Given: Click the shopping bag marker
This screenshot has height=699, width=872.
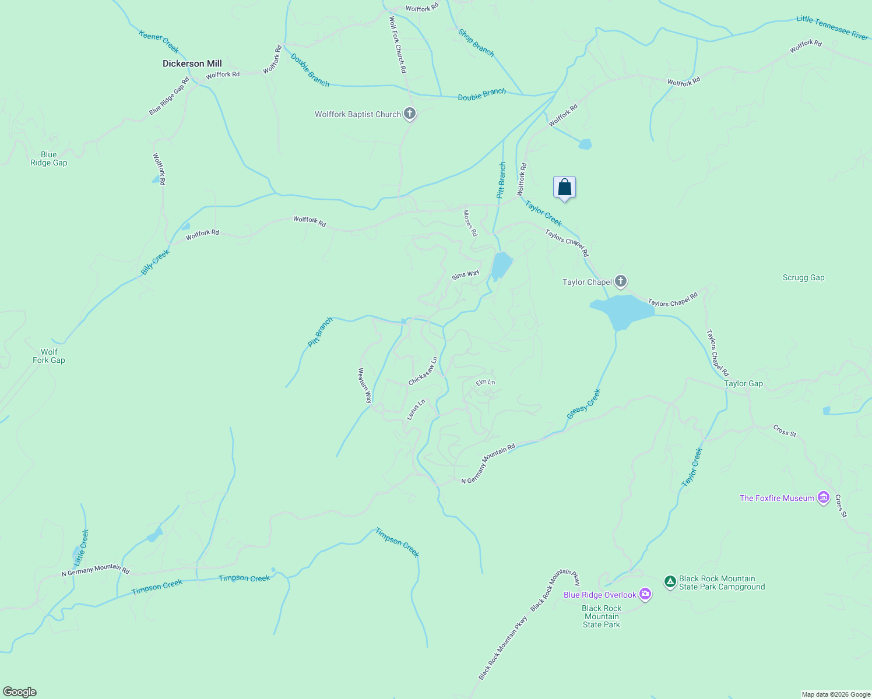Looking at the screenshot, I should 564,188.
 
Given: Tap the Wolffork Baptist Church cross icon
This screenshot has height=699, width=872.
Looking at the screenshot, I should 410,114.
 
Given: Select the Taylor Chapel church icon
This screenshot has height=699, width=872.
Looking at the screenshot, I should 621,282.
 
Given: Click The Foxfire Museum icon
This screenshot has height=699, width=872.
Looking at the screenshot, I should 824,498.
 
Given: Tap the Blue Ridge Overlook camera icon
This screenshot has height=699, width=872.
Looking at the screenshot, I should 645,595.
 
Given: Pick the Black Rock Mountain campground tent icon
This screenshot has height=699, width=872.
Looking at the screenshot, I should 670,581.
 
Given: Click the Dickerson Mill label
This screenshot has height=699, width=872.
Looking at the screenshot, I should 192,63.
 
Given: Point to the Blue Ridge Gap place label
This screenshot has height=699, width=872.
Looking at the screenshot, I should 49,159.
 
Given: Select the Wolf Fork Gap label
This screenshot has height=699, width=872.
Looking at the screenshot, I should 49,356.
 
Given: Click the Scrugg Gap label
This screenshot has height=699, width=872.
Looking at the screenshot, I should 803,278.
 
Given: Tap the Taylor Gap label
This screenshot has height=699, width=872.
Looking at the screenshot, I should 743,383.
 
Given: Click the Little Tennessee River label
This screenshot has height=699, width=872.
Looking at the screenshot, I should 832,27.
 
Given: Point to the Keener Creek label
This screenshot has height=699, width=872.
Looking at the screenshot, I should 159,41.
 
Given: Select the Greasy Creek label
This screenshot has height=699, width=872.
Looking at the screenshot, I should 583,404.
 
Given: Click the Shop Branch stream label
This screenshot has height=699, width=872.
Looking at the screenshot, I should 476,43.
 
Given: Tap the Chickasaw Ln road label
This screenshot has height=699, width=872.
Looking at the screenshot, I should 423,372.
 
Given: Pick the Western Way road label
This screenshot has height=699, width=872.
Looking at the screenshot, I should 365,386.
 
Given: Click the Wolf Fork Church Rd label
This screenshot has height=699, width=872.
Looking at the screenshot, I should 398,44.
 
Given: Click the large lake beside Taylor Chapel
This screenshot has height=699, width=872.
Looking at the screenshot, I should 621,310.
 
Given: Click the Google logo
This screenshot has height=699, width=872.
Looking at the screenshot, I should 20,692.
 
